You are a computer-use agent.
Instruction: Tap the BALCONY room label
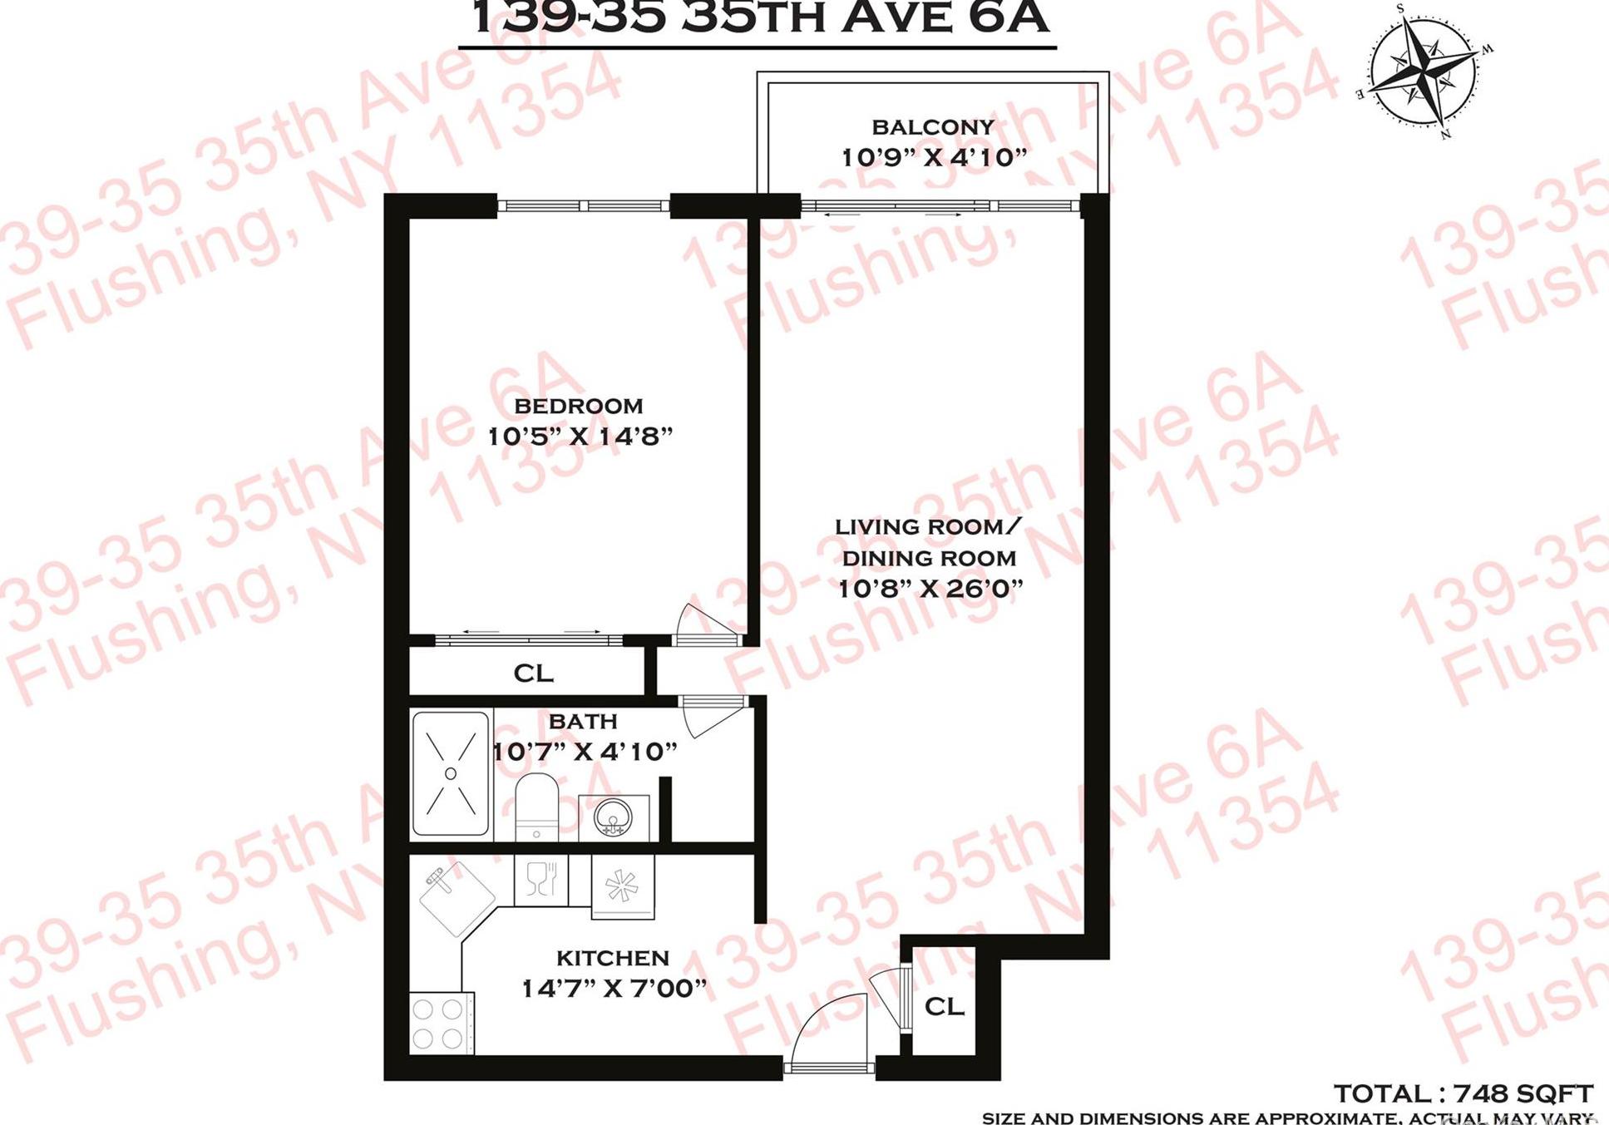click(933, 127)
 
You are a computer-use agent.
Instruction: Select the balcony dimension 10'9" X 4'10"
click(934, 157)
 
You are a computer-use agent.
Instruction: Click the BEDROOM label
click(579, 406)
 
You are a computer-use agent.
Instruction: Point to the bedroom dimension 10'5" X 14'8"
click(580, 436)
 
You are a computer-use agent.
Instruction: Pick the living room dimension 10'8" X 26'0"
click(930, 589)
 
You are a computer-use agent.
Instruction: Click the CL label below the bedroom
click(533, 673)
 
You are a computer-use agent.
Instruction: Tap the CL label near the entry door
click(945, 1006)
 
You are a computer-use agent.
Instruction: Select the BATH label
click(583, 721)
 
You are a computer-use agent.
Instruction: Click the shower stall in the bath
click(451, 773)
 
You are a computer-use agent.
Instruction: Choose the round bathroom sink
click(614, 818)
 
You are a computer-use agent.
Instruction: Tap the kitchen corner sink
click(455, 896)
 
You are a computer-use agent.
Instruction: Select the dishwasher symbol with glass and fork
click(540, 880)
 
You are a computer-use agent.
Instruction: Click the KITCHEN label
click(612, 958)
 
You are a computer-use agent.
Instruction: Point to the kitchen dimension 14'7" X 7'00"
click(614, 989)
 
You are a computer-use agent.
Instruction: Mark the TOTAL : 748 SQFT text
click(1463, 1093)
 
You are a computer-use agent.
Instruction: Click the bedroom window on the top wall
click(583, 205)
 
